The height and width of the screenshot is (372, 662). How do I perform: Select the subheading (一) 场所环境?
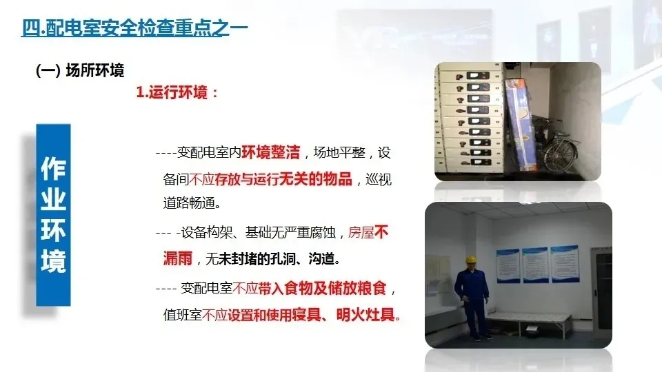(x=79, y=71)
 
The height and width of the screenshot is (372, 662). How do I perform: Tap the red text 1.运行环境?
(x=177, y=92)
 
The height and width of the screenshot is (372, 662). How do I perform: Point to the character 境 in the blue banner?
(x=53, y=262)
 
